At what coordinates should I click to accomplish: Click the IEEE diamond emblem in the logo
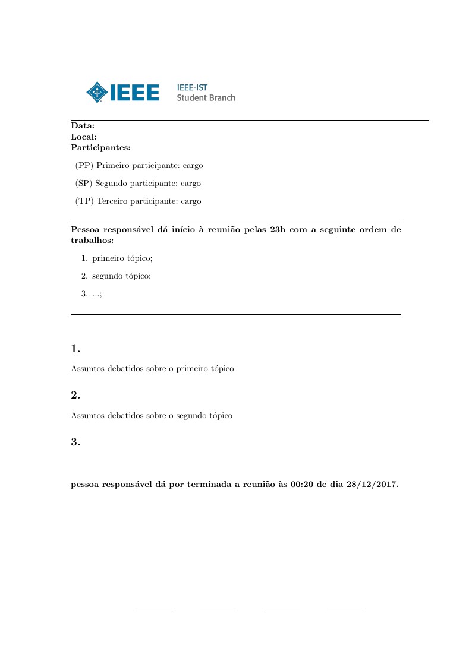click(96, 92)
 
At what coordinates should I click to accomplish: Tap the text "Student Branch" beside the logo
click(206, 97)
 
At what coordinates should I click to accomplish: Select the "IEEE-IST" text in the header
click(192, 87)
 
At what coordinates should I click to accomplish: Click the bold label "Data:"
click(83, 126)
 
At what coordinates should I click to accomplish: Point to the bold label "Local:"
click(84, 137)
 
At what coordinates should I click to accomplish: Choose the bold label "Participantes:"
click(100, 147)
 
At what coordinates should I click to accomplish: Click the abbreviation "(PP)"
click(84, 166)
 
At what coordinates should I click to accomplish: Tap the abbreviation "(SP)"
click(84, 184)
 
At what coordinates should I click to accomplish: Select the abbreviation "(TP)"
click(84, 201)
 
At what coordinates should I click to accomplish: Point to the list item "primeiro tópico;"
click(122, 258)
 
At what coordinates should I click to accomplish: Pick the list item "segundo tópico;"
click(122, 276)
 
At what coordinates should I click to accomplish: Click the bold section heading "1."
click(75, 349)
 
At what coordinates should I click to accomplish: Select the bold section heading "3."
click(75, 442)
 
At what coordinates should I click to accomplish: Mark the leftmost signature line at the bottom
click(153, 609)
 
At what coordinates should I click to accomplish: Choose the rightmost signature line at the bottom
click(346, 609)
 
